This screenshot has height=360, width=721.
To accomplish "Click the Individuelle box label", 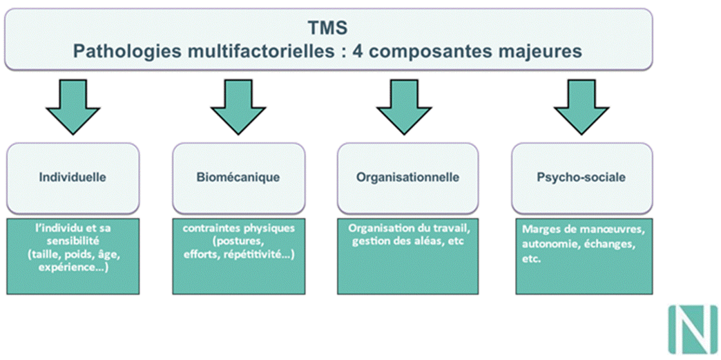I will click(x=73, y=177).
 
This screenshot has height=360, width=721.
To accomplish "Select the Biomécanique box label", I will click(x=238, y=177).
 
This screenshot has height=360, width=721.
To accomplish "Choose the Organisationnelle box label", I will click(x=407, y=177).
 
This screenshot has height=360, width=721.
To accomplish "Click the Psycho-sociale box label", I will click(x=581, y=177).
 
